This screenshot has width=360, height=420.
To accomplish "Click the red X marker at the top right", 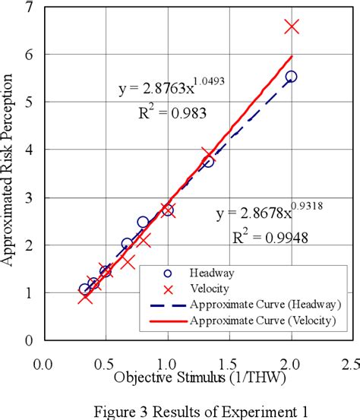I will pos(292,27).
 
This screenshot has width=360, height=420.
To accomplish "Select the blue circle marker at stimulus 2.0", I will pos(291,77).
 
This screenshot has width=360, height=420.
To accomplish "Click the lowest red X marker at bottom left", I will pos(85,296).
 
